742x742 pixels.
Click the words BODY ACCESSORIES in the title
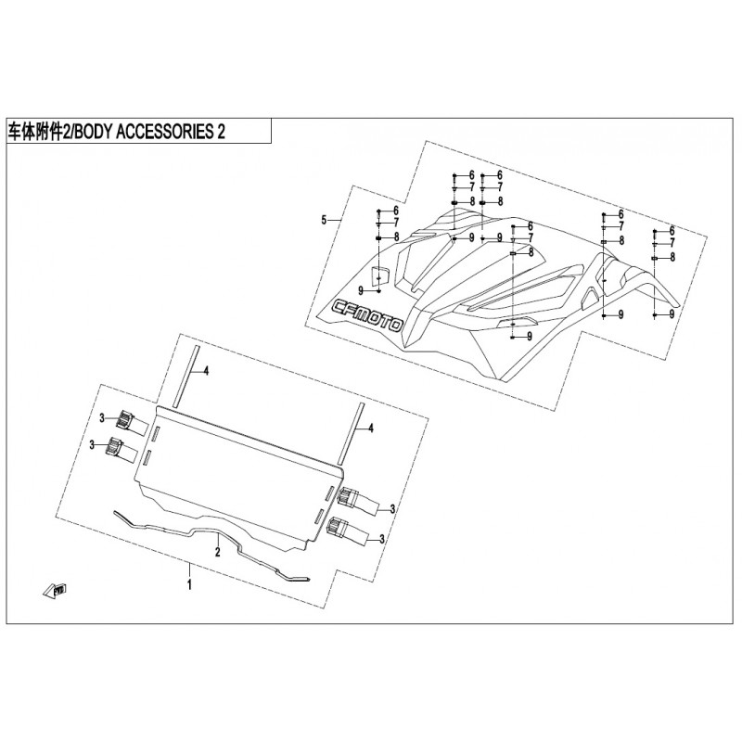click(x=142, y=132)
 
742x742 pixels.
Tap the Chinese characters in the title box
click(x=35, y=132)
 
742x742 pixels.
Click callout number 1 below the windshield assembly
click(x=189, y=584)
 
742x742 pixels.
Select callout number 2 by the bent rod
click(x=218, y=552)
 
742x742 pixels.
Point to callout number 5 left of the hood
click(x=324, y=220)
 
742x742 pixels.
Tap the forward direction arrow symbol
click(x=54, y=590)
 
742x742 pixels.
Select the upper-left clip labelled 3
click(x=126, y=419)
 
